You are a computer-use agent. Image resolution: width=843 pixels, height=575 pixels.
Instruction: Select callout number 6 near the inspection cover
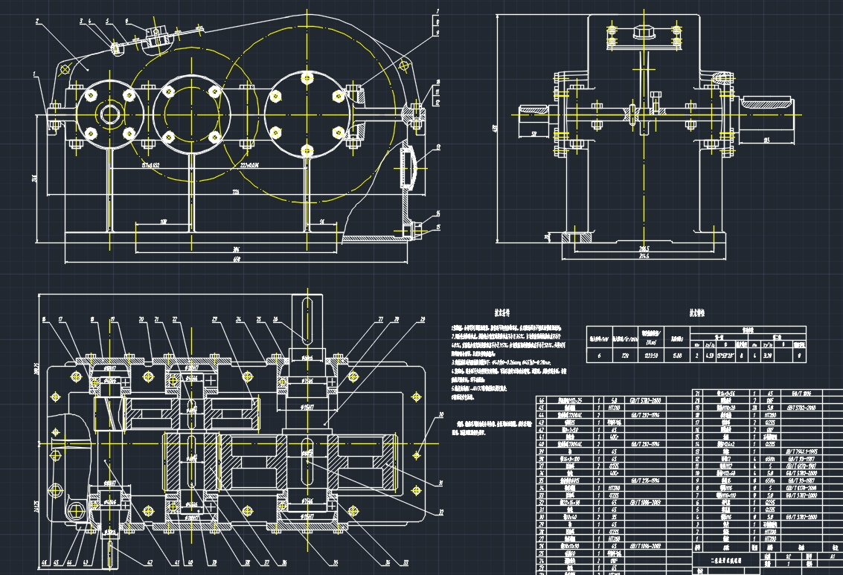(127, 22)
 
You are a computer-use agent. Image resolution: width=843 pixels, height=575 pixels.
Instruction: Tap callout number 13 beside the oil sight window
(438, 147)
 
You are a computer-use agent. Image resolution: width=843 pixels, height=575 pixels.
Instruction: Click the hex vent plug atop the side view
(641, 32)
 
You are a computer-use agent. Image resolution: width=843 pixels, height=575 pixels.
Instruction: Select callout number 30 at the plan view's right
(440, 414)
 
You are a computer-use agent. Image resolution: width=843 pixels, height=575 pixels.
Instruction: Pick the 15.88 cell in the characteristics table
(677, 355)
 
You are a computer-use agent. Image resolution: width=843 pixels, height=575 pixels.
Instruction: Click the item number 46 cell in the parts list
(542, 400)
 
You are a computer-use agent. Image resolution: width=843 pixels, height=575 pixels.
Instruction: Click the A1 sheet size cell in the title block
(832, 556)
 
